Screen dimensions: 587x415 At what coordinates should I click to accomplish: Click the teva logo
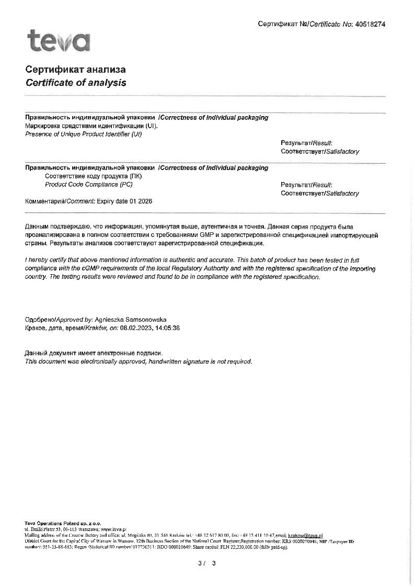(59, 41)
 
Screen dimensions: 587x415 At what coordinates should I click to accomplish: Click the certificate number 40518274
(370, 24)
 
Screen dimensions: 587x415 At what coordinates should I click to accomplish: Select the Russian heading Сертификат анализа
(75, 70)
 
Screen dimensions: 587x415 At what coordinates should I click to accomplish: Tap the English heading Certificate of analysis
(76, 83)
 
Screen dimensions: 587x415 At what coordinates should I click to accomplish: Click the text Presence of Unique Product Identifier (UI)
(84, 134)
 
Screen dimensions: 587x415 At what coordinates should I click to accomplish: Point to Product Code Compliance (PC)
(89, 185)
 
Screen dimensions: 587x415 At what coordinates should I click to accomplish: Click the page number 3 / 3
(207, 563)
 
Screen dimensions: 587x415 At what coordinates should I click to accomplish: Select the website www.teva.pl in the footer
(110, 529)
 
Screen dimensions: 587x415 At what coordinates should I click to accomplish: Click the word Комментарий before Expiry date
(44, 201)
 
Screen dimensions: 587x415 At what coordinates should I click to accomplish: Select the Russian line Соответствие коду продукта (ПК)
(94, 176)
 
